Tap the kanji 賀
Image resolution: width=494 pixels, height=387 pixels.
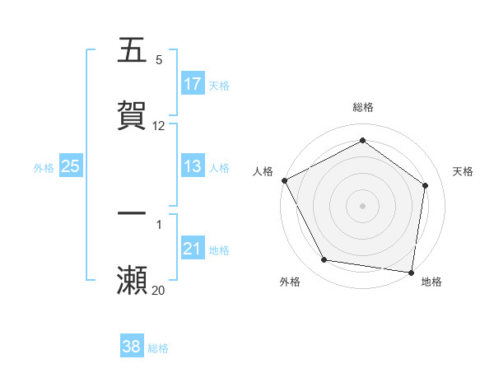point(132,115)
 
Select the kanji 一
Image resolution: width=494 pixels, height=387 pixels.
point(132,213)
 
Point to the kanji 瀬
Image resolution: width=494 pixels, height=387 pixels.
point(132,280)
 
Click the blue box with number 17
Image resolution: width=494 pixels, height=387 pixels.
point(193,84)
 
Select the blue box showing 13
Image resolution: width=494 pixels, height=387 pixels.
point(193,166)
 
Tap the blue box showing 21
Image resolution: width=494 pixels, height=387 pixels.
point(193,249)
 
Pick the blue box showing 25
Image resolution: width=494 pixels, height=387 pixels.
point(71,166)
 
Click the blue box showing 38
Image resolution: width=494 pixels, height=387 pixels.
point(132,347)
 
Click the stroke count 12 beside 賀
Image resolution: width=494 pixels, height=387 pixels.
point(159,126)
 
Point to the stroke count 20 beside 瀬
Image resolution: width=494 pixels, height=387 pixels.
point(158,290)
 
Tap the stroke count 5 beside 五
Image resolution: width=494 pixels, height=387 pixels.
point(159,60)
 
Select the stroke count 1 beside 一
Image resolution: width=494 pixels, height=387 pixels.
point(159,224)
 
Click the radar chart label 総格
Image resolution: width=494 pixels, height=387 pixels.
point(363,108)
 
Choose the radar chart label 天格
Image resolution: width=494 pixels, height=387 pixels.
point(463,171)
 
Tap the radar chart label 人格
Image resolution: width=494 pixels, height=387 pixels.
point(263,171)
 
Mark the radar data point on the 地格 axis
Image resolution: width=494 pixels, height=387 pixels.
point(412,272)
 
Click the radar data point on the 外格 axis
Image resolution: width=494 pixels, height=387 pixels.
point(324,260)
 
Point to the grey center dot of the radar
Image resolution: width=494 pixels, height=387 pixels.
point(363,205)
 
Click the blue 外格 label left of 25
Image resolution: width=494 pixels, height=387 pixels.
point(44,167)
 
